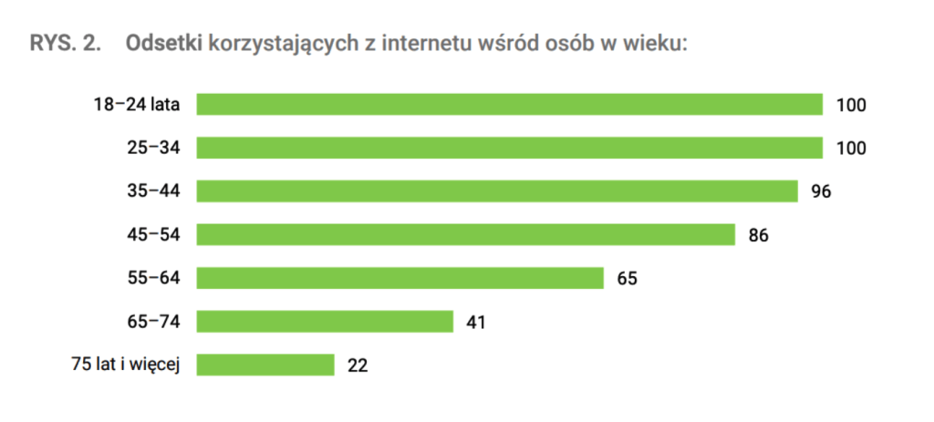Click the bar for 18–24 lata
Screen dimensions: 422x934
tap(509, 104)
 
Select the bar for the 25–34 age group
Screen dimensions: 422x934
tap(509, 148)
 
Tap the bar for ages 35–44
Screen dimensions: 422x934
tap(497, 190)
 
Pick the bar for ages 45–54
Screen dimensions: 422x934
tap(465, 234)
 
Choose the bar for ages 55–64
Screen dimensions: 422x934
tap(400, 278)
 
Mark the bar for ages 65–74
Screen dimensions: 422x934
tap(325, 321)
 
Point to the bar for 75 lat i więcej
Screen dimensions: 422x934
tap(265, 365)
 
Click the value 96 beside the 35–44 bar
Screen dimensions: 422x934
tap(822, 191)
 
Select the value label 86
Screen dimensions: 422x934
tap(759, 235)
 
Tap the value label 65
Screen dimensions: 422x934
tap(627, 278)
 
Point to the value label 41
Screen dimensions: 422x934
tap(476, 322)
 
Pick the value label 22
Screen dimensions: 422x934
tap(357, 365)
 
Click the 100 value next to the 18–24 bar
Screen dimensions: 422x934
tap(850, 105)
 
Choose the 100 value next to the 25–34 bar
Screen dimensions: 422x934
tap(850, 149)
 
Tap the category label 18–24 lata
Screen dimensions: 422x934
tap(136, 105)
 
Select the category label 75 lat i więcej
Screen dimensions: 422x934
tap(128, 365)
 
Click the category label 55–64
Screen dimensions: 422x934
tap(153, 278)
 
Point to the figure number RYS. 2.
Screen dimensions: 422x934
tap(65, 44)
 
